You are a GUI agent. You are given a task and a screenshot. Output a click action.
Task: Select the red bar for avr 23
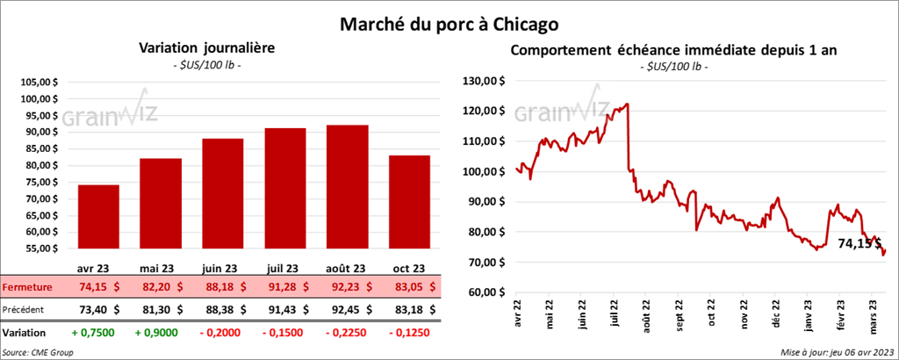(x=98, y=220)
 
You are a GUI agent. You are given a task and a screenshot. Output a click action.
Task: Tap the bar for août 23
(x=347, y=189)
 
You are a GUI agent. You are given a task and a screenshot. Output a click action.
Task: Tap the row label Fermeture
(x=25, y=286)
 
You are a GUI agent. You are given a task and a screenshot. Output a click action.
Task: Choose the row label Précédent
(x=25, y=309)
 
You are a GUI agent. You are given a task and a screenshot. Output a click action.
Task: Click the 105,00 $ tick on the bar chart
(x=38, y=82)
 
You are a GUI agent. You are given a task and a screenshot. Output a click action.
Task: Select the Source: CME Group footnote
(x=38, y=352)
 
